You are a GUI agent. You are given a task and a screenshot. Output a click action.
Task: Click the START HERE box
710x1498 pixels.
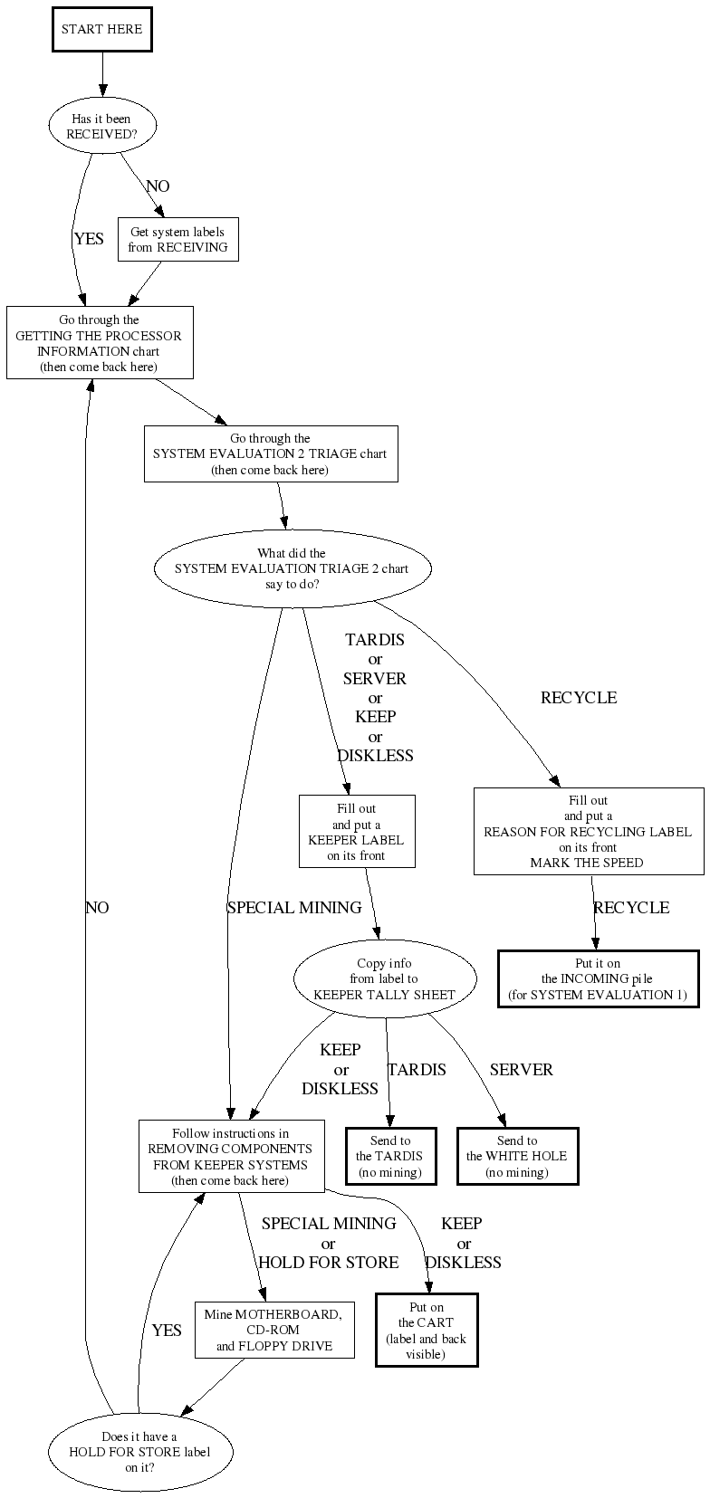[x=101, y=30]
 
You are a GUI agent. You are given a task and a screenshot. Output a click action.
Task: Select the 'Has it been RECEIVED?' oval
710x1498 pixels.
[x=101, y=127]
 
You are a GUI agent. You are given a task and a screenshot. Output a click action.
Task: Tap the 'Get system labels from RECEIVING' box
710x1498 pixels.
[x=177, y=240]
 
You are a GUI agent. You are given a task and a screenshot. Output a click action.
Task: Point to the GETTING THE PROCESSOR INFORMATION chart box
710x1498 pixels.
[x=99, y=343]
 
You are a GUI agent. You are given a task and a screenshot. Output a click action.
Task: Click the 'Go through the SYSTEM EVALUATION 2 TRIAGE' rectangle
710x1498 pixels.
[x=270, y=454]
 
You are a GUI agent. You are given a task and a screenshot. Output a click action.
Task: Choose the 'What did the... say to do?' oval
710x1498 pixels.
[x=292, y=568]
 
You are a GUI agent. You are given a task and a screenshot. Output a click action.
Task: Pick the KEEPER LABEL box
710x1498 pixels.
[x=357, y=832]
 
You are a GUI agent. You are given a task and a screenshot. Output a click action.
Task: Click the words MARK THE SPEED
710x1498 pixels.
[x=587, y=863]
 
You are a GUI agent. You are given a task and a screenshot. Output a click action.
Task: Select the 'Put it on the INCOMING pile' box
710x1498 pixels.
[x=598, y=978]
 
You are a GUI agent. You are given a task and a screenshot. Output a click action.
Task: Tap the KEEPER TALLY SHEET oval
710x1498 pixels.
[x=385, y=978]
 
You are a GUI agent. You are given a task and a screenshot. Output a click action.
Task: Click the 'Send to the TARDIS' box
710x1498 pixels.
[x=390, y=1156]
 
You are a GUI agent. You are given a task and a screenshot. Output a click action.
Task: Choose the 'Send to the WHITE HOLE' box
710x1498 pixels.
[x=517, y=1156]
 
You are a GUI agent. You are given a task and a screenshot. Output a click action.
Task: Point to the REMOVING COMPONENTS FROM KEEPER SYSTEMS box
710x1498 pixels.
[x=230, y=1157]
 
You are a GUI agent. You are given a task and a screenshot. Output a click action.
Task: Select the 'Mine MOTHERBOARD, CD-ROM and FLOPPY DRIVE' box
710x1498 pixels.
[x=273, y=1330]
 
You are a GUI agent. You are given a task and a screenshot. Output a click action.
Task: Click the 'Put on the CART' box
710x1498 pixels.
[x=427, y=1330]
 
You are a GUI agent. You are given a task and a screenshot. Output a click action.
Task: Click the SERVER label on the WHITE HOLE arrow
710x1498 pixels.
[x=521, y=1070]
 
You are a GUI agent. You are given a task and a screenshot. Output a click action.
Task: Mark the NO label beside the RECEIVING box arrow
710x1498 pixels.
[x=158, y=186]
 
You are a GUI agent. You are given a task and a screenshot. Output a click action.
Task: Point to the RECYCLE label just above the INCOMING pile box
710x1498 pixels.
[x=631, y=908]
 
